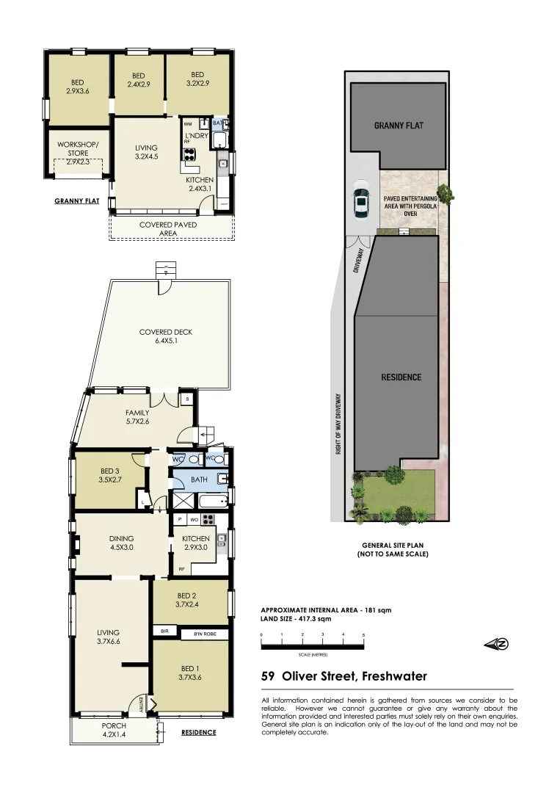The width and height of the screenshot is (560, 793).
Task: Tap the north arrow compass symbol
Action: (x=497, y=644)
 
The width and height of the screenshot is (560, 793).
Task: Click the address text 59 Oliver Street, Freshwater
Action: (x=344, y=676)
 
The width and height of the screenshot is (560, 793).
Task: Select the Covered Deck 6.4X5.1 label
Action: (x=166, y=336)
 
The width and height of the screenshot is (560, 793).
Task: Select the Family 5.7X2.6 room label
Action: (x=137, y=417)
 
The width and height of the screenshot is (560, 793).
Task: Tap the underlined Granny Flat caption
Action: (x=77, y=200)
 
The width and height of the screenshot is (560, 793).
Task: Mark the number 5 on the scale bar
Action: (x=363, y=634)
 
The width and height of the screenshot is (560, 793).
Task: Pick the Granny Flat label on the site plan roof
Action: (x=399, y=126)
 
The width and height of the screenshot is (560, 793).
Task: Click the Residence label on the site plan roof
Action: (x=401, y=377)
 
